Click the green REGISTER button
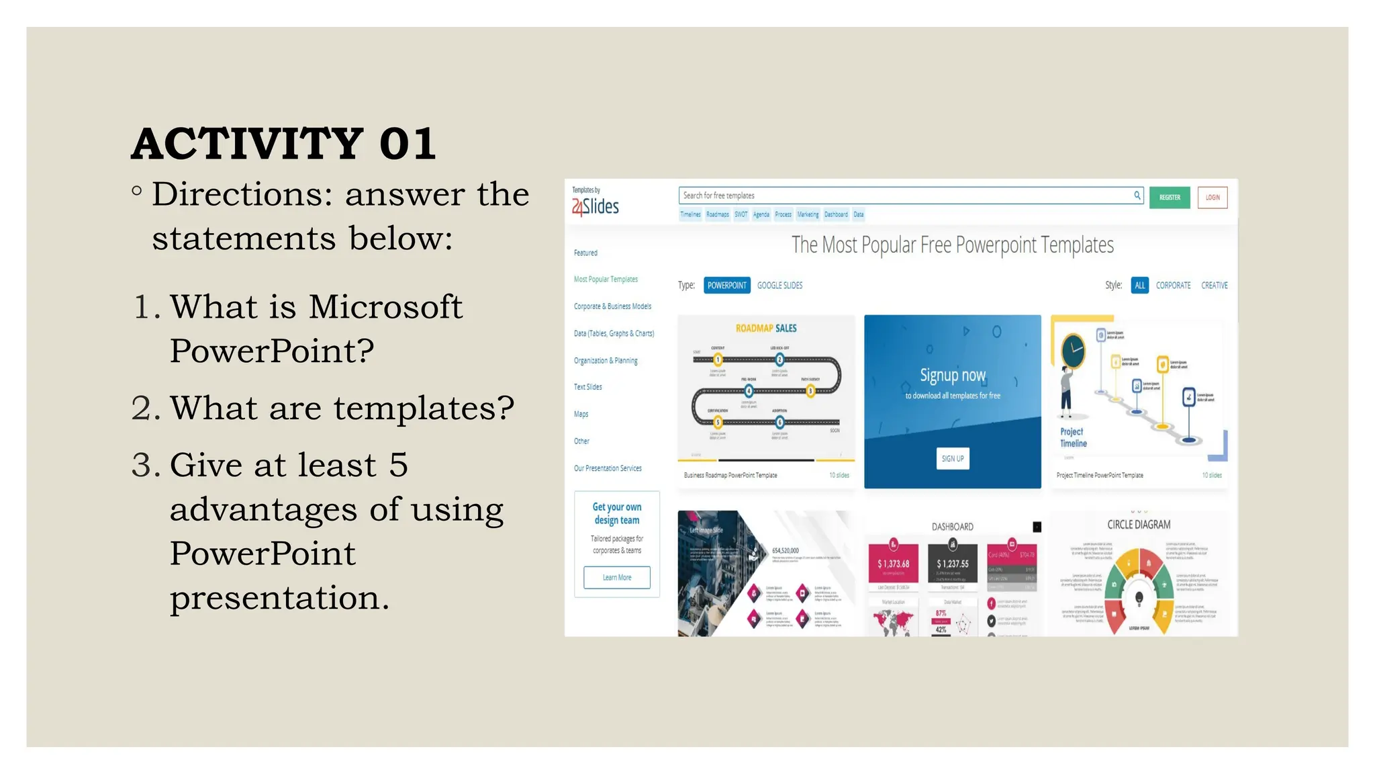coord(1169,198)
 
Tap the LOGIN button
coord(1212,198)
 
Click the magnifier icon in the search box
coord(1137,196)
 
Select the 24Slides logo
coord(596,206)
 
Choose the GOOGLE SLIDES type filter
coord(779,286)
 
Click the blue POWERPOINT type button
coord(726,286)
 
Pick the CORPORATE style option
coord(1173,286)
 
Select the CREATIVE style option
coord(1214,286)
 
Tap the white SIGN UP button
coord(952,459)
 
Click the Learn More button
coord(616,578)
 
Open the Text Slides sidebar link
coord(587,387)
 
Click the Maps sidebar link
coord(581,415)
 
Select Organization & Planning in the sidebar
coord(606,361)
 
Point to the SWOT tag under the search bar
coord(741,215)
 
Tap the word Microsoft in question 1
coord(385,307)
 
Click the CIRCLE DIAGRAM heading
coord(1138,525)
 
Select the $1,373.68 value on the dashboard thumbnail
coord(893,564)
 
